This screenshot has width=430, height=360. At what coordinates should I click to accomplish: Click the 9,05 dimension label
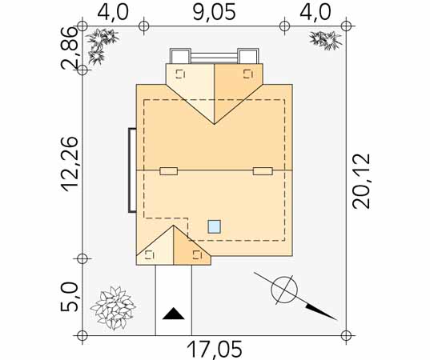[214, 13]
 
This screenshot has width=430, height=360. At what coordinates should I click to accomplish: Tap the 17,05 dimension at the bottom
[215, 350]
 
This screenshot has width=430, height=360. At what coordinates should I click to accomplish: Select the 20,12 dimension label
[361, 181]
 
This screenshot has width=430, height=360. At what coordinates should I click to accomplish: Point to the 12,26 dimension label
[69, 163]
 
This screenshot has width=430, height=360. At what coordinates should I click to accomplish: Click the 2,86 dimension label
[69, 48]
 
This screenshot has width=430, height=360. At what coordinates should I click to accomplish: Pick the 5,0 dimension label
[69, 297]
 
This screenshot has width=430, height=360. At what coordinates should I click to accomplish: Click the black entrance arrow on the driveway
[173, 314]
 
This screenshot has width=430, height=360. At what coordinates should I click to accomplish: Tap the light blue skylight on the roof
[214, 226]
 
